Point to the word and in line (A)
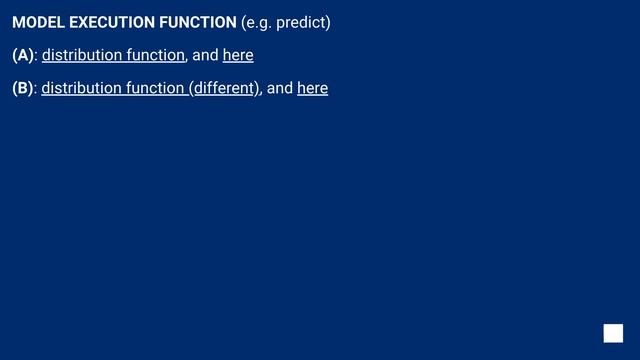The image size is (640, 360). [205, 55]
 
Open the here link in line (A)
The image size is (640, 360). [238, 55]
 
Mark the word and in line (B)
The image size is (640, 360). [280, 88]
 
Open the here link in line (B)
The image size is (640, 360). [313, 88]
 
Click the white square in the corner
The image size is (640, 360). [613, 333]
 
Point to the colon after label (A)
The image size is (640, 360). [36, 56]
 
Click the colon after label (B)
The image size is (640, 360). [36, 89]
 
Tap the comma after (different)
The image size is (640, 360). [262, 92]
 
